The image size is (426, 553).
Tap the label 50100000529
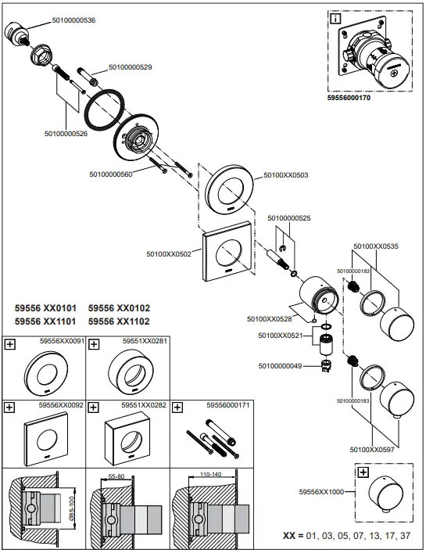(x=130, y=67)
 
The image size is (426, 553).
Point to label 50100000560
(x=111, y=174)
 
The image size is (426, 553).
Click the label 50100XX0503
(x=286, y=175)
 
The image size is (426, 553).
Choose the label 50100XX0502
(x=169, y=253)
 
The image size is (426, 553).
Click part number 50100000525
(x=290, y=217)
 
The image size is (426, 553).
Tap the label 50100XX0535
(x=376, y=246)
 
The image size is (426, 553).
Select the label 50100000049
(x=280, y=366)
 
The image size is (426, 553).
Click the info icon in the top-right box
(x=335, y=18)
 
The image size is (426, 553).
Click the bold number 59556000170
(x=353, y=99)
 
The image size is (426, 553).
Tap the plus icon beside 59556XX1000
(x=363, y=472)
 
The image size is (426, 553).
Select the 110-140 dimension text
(x=207, y=474)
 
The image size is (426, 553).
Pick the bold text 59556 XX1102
(x=119, y=321)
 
